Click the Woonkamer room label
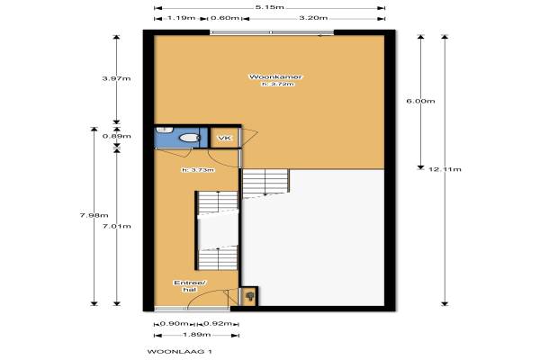click(x=275, y=76)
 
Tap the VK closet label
click(x=225, y=138)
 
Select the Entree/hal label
click(x=190, y=286)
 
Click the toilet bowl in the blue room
click(x=190, y=138)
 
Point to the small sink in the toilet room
click(x=165, y=130)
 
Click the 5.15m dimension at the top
click(x=270, y=7)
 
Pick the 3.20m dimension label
click(x=313, y=18)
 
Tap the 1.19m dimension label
click(x=181, y=18)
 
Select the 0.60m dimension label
click(x=224, y=18)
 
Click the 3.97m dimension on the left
click(x=116, y=78)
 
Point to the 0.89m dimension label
click(x=116, y=136)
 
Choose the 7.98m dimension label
click(x=94, y=216)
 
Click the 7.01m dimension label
click(x=116, y=226)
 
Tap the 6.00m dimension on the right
click(x=420, y=102)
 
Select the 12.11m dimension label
click(x=445, y=169)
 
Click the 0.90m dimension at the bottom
click(x=175, y=324)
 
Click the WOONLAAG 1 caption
click(x=180, y=352)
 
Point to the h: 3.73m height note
click(x=198, y=170)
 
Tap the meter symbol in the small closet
click(x=249, y=296)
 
